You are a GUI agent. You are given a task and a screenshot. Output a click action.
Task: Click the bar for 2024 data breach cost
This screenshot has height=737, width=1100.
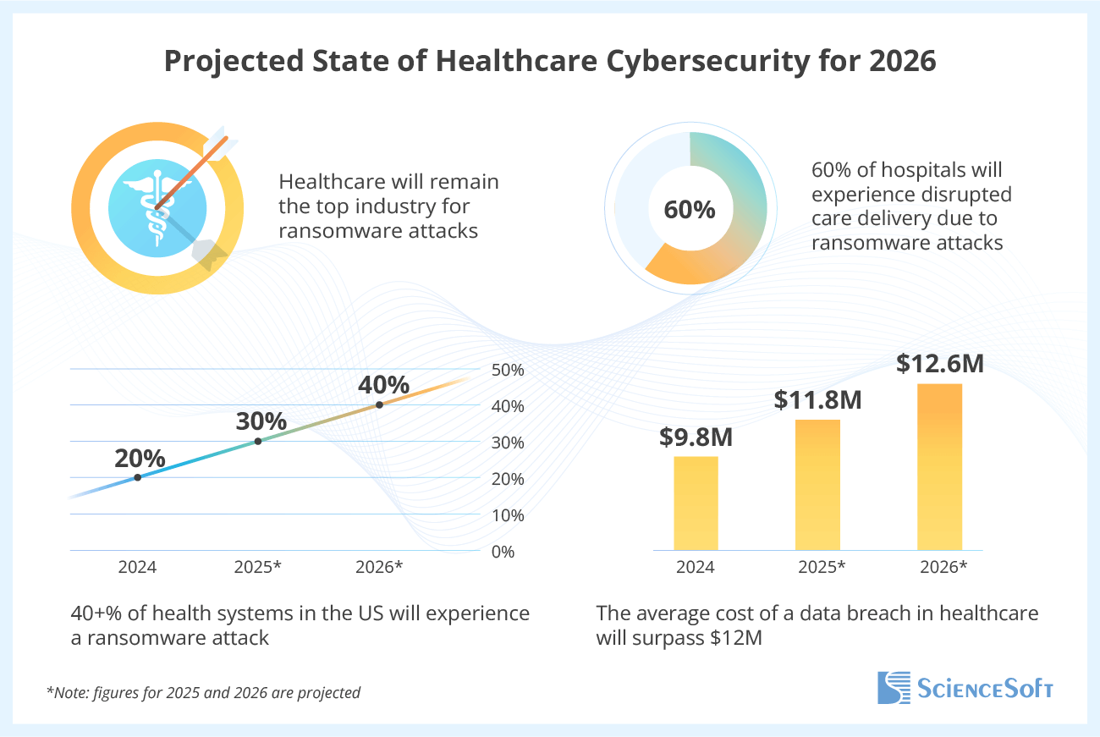coord(696,503)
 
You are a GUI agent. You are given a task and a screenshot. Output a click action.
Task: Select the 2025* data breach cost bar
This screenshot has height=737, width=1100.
coord(817,485)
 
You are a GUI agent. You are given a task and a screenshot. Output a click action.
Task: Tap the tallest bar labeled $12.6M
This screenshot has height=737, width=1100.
coord(940,467)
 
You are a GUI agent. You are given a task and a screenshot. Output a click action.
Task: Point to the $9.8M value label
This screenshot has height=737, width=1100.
coord(696,437)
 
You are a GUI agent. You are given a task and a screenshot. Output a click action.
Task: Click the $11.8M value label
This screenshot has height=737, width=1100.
coord(817,399)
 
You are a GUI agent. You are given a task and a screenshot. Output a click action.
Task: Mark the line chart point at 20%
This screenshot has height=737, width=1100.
coord(137,477)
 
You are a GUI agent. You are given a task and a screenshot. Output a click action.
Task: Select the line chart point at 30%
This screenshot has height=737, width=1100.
coord(258,441)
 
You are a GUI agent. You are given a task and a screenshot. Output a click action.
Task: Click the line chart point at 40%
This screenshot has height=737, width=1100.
coord(379,404)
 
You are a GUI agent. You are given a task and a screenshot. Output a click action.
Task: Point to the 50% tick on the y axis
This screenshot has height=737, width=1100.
coord(508,370)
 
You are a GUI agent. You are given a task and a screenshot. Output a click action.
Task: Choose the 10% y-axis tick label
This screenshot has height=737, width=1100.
coord(508,514)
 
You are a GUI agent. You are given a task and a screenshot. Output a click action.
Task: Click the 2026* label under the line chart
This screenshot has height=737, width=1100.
coord(378,567)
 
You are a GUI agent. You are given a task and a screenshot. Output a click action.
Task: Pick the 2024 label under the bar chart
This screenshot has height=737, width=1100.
coord(696,567)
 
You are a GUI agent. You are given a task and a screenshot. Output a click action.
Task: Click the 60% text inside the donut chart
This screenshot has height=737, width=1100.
coord(690,210)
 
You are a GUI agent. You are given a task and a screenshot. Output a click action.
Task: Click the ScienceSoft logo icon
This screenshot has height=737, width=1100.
coord(894,687)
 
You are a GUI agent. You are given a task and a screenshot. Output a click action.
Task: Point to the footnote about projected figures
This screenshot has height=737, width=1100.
coord(203,692)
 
